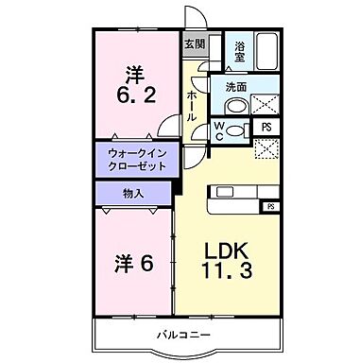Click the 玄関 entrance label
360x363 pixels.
pos(194,44)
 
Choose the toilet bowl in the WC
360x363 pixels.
pos(240,131)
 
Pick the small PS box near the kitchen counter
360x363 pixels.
pos(271,205)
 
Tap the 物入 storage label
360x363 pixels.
pos(133,194)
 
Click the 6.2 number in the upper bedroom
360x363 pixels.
pos(133,95)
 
